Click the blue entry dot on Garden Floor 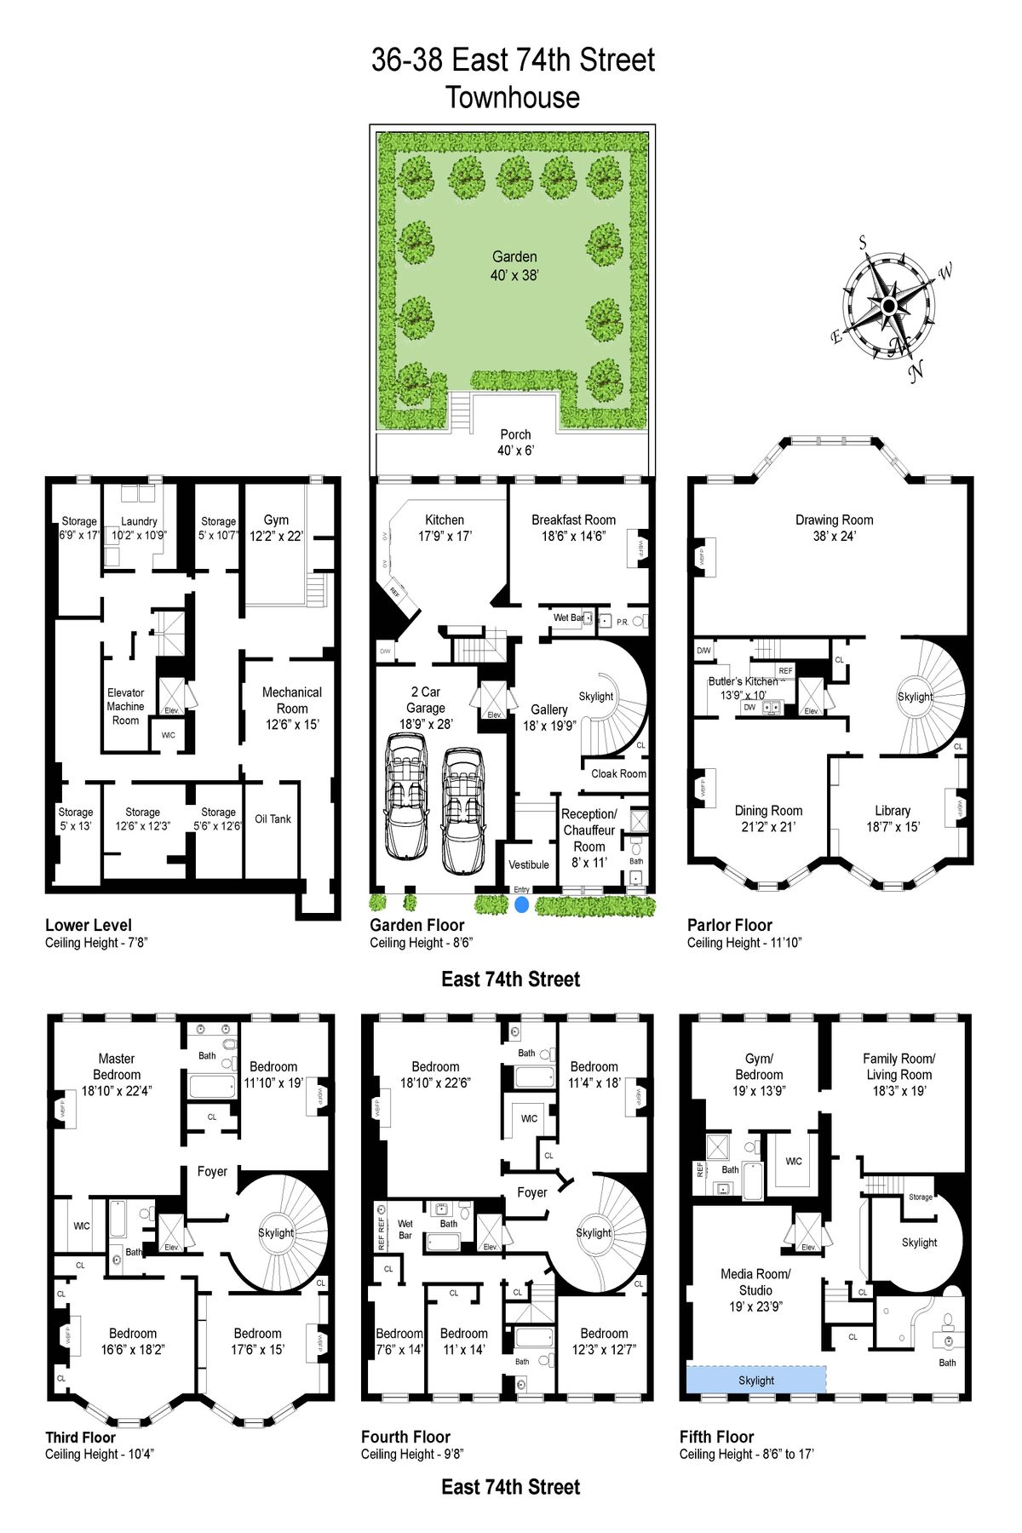(521, 904)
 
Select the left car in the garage (408, 797)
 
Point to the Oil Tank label (273, 819)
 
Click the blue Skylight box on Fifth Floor (756, 1381)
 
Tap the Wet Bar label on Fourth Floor (405, 1230)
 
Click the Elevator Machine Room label (125, 707)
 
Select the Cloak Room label (618, 774)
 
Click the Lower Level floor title (89, 925)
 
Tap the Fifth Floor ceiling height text (746, 1454)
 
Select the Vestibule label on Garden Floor (529, 865)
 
